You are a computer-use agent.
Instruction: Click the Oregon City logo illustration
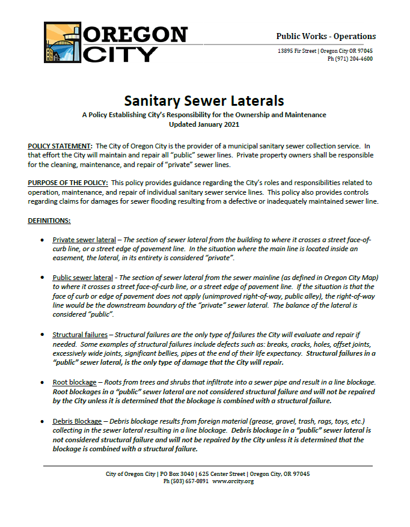[63, 43]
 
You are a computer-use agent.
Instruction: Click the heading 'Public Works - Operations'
[326, 36]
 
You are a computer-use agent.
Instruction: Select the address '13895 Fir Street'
[297, 51]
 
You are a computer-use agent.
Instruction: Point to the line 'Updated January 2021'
[204, 124]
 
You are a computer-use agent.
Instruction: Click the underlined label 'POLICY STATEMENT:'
[60, 146]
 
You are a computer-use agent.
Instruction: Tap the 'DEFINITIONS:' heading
[49, 221]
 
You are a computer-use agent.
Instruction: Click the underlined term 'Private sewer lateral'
[84, 240]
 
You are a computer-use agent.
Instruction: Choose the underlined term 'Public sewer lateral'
[83, 278]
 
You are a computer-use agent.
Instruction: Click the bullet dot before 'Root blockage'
[41, 382]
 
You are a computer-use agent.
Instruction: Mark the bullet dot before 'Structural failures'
[41, 334]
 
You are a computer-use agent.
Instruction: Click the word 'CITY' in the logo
[120, 54]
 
